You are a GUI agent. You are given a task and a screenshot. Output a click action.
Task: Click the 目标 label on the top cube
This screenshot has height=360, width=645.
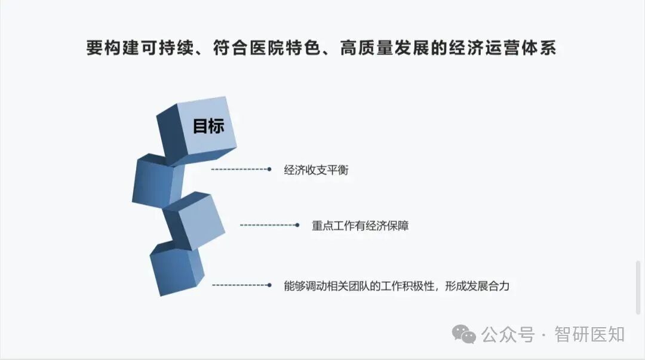coord(208,126)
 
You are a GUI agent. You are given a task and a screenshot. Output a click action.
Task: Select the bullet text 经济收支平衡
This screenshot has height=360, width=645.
coord(316,170)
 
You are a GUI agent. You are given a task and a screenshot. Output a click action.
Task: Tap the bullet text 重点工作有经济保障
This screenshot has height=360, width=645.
coord(360,226)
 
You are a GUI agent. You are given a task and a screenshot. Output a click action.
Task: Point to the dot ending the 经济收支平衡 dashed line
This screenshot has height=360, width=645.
coord(269,170)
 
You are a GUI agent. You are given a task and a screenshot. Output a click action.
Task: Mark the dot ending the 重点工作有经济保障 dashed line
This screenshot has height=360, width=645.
coord(297,225)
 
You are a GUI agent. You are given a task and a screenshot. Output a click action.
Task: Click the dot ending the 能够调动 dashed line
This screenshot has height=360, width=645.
coord(269,285)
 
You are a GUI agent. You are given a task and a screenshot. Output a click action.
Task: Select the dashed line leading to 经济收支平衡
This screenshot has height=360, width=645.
coord(239,170)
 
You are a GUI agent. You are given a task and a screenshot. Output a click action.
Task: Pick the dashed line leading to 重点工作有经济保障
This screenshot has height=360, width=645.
coord(267,225)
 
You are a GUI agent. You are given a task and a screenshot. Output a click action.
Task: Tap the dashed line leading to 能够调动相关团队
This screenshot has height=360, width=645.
coord(239,285)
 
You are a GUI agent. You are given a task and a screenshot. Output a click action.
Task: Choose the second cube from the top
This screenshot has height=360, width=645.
coord(159,180)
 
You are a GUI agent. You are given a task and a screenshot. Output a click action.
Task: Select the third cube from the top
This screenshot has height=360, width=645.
coord(195,219)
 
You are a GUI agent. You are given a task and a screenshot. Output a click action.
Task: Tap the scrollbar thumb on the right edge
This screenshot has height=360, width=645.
coord(638,287)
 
